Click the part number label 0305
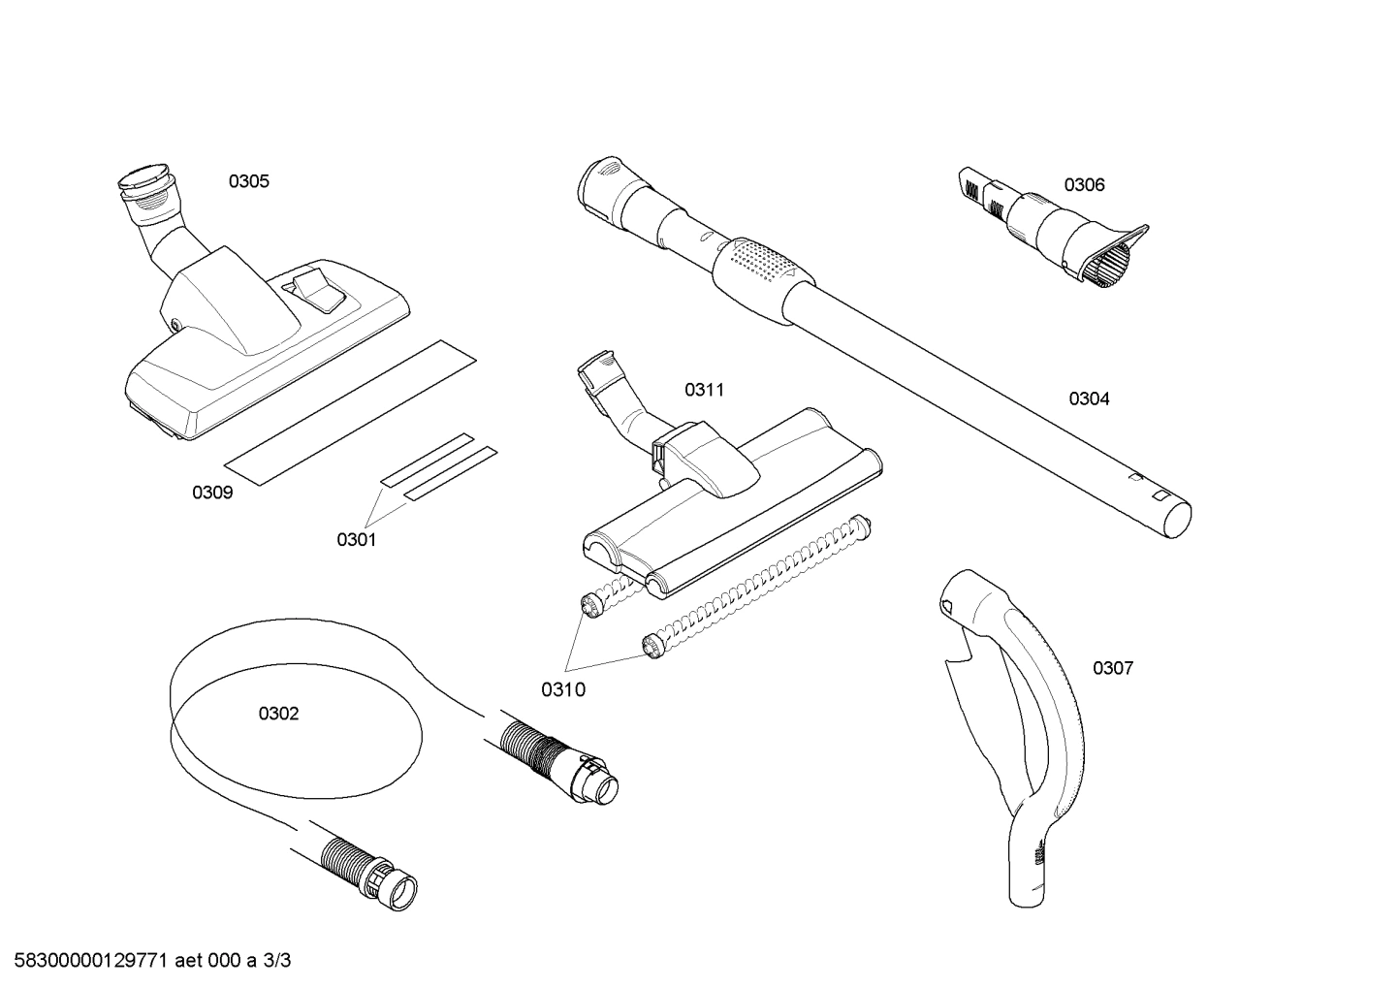249,181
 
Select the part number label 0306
1084,185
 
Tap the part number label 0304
1089,398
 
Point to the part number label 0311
704,390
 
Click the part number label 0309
212,493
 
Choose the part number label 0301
356,540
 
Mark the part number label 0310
563,689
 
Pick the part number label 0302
278,714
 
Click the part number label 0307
1112,668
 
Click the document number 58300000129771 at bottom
87,961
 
